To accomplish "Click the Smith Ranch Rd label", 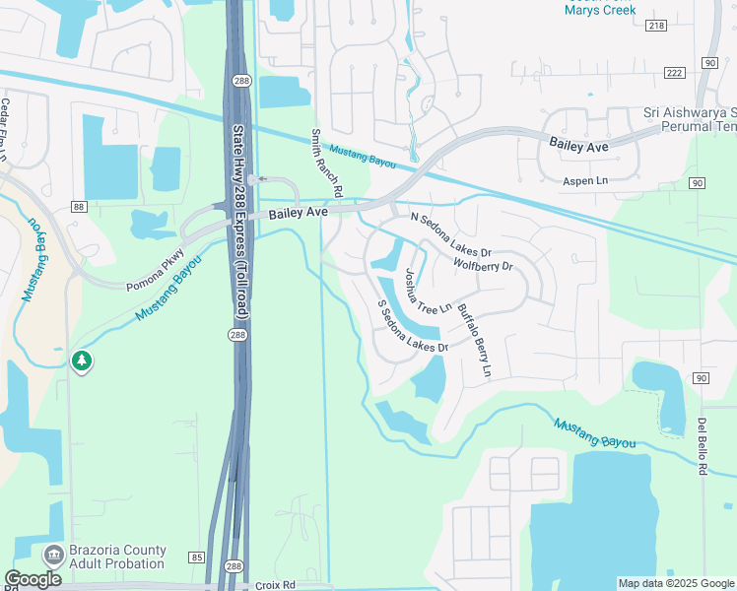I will point(326,162).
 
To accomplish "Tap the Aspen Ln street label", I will point(585,181).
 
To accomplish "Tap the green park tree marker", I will point(82,362).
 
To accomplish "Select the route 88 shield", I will point(79,206).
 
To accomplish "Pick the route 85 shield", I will point(197,558).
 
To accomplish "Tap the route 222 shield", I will point(675,73).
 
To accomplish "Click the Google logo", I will point(33,579).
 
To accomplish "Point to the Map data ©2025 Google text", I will point(676,583).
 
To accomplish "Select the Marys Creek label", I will point(600,10).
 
